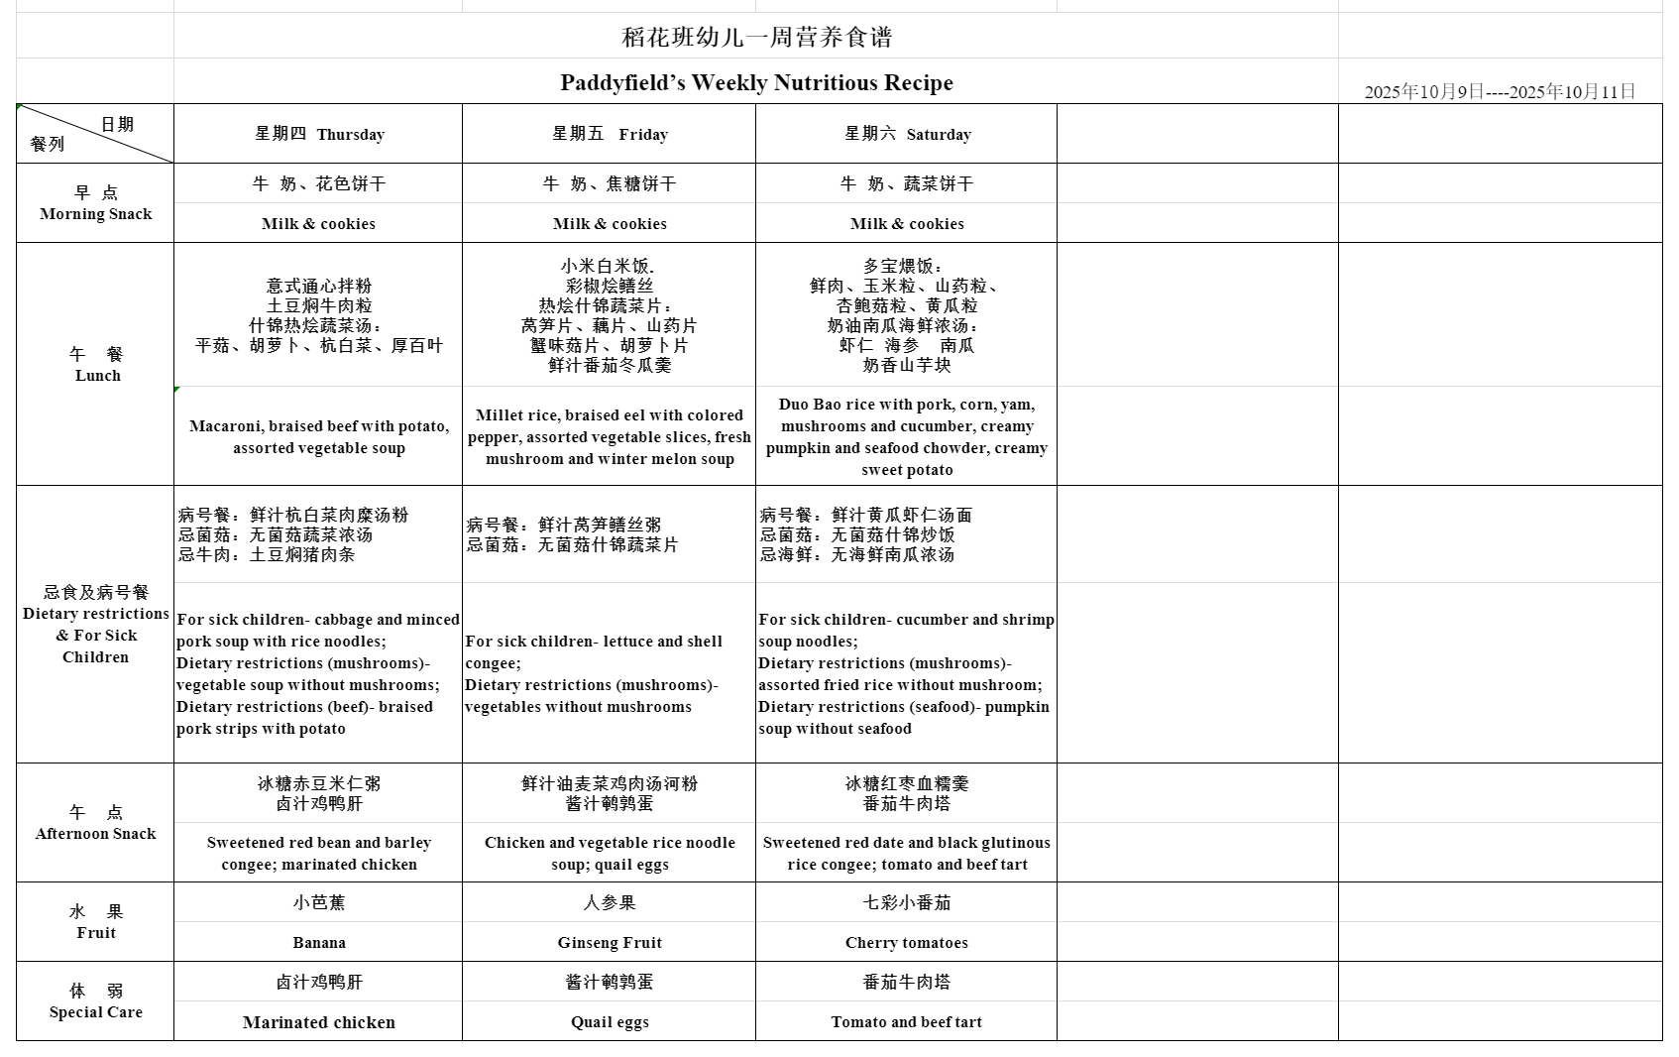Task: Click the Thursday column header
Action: click(x=319, y=134)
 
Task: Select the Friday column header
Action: click(x=610, y=134)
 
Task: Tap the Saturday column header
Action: click(x=907, y=134)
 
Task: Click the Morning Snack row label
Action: click(x=96, y=203)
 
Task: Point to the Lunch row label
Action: click(x=97, y=365)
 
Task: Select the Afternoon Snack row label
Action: click(x=96, y=823)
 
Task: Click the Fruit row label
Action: click(x=96, y=922)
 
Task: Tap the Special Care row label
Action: click(x=96, y=1001)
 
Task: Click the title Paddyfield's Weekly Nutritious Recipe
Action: click(x=756, y=82)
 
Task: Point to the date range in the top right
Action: click(x=1500, y=91)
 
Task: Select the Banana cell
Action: click(x=319, y=942)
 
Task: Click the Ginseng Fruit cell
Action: click(x=610, y=942)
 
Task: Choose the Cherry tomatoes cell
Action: click(x=907, y=942)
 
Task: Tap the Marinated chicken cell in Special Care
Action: click(x=319, y=1022)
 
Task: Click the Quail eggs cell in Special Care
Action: click(x=610, y=1022)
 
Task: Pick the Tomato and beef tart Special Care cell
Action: click(x=907, y=1022)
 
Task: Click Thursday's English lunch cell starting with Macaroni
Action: click(x=319, y=436)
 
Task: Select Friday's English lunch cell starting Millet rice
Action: click(x=610, y=436)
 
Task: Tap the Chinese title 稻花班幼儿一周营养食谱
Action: click(x=756, y=38)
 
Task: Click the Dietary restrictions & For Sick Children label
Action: click(x=96, y=625)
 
